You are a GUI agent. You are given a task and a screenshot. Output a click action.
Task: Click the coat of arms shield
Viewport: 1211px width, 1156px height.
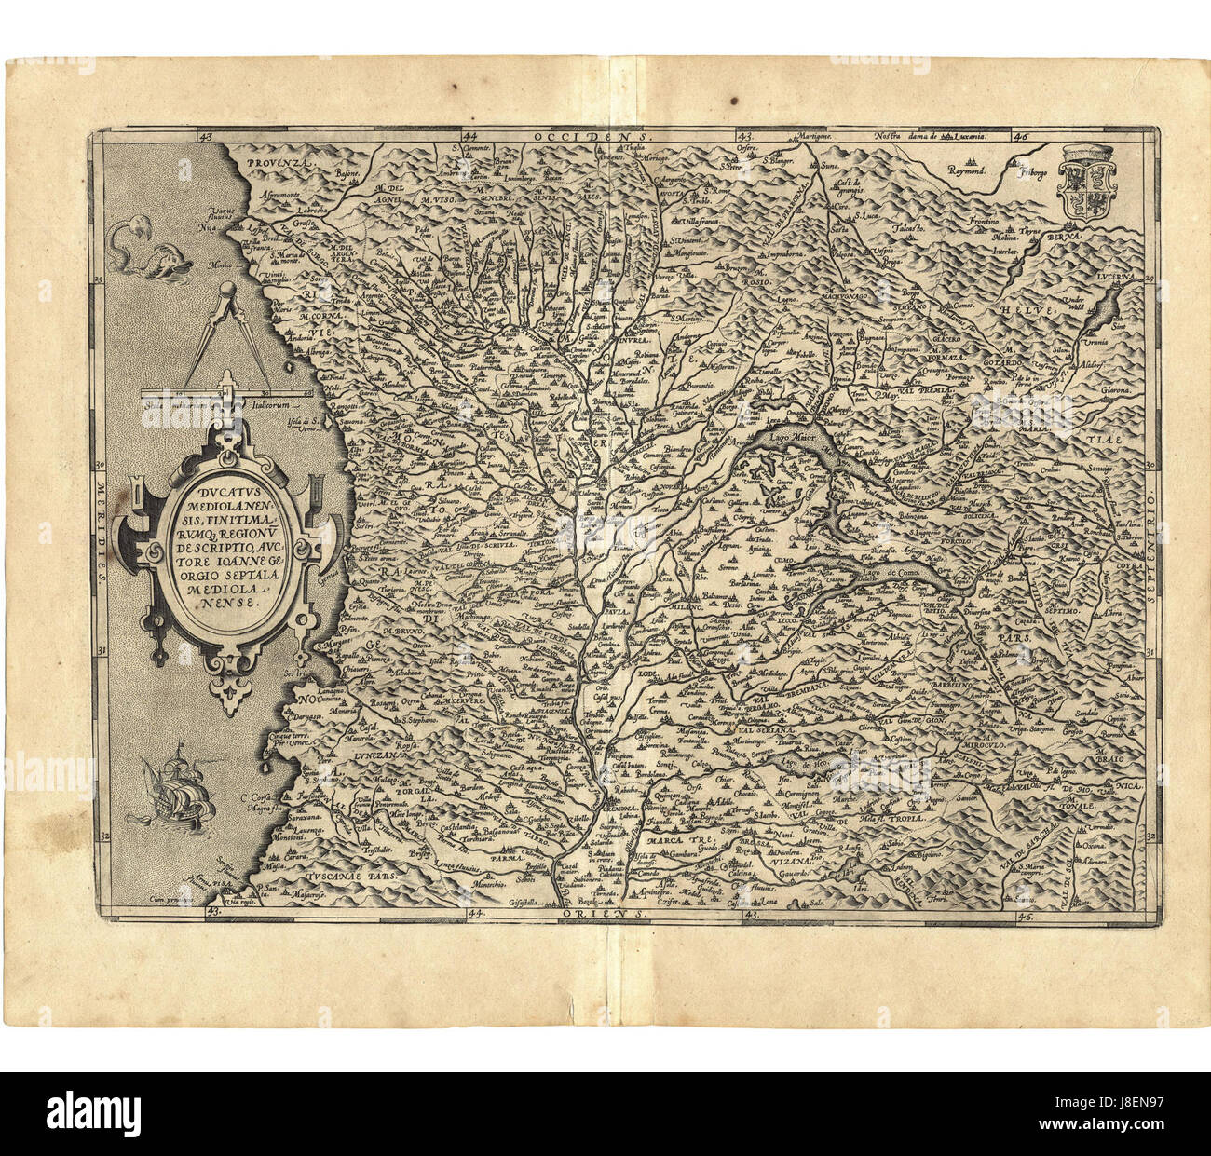[1084, 181]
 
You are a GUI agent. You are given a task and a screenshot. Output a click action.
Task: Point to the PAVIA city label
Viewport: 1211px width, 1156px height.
[610, 615]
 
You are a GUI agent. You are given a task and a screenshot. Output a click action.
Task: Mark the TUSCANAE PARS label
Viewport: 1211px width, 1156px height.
[349, 877]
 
